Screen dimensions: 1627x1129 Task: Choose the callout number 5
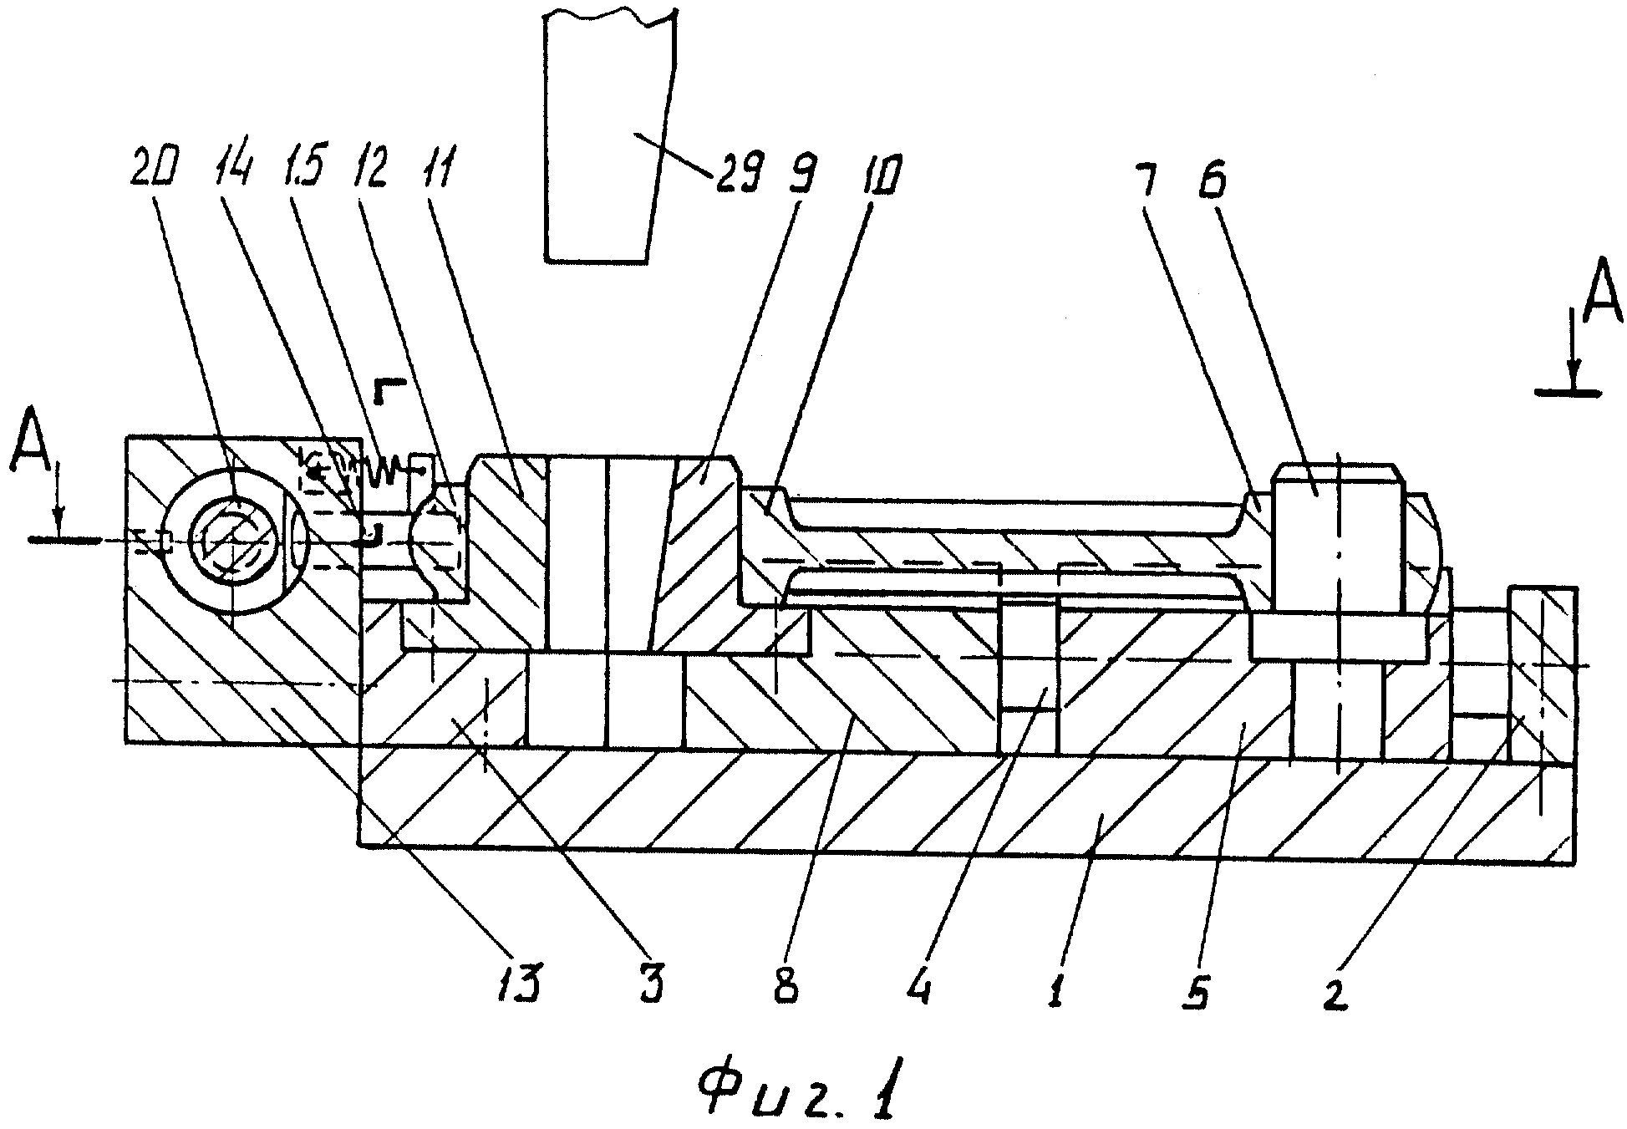(1197, 983)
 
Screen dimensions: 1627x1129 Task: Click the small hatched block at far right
(1541, 677)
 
